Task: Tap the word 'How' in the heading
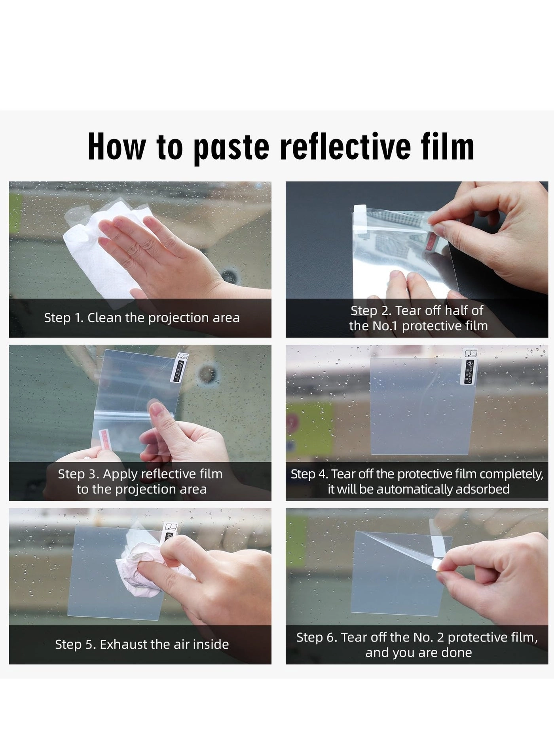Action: (x=117, y=147)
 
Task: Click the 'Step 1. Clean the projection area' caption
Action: (x=142, y=318)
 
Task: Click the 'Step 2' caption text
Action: (x=418, y=318)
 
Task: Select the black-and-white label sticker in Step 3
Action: (x=178, y=368)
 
